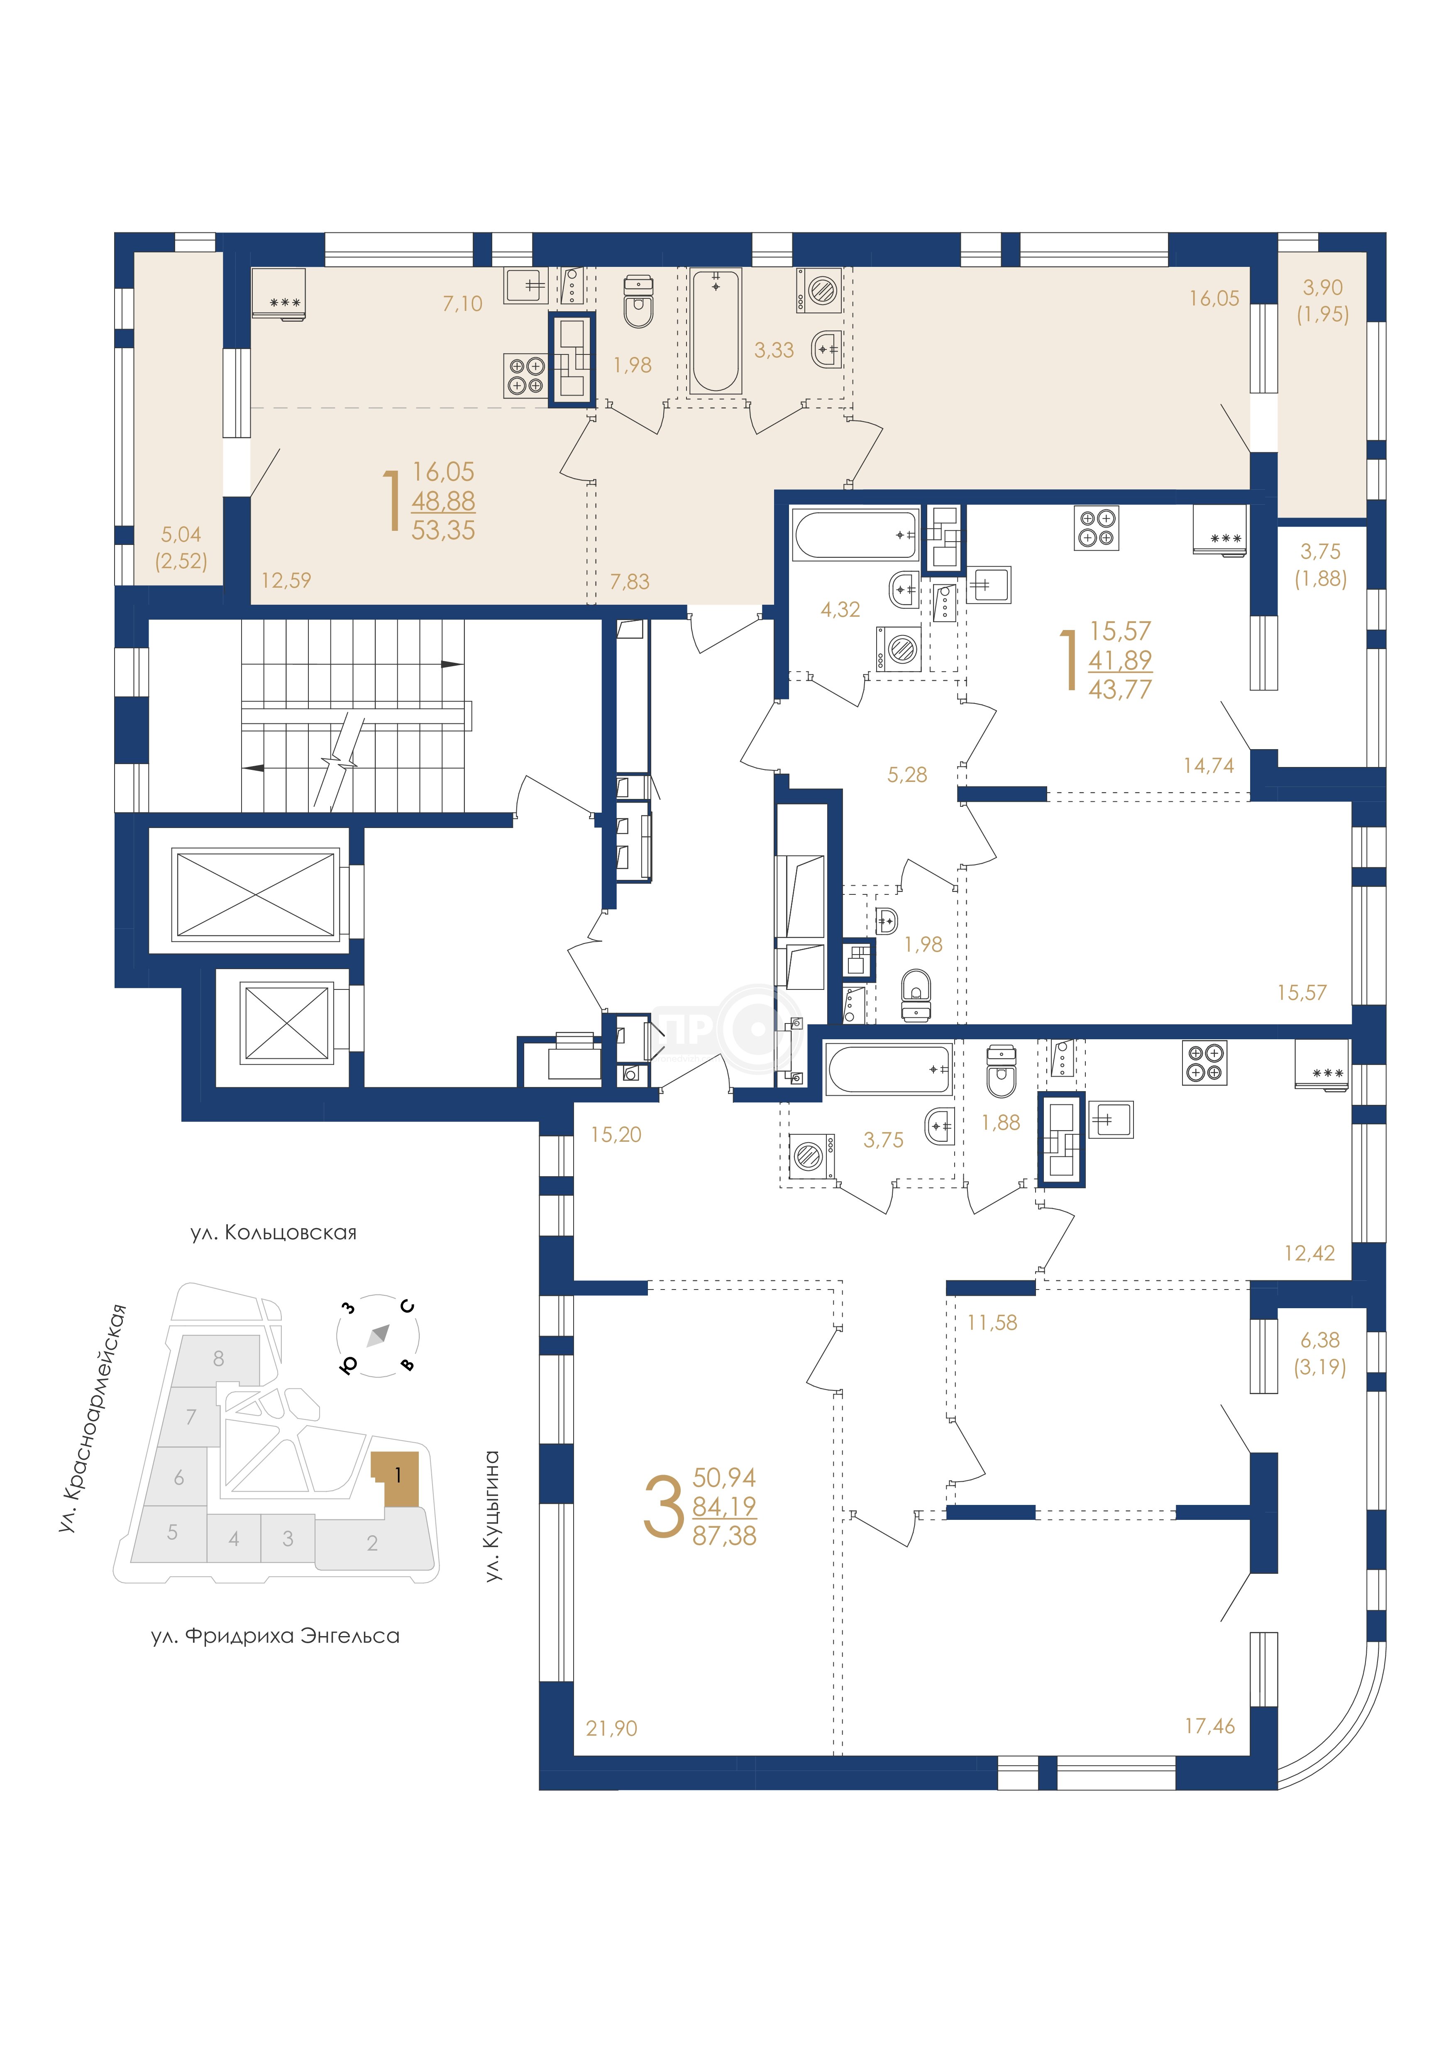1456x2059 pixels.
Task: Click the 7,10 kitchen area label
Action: click(x=463, y=304)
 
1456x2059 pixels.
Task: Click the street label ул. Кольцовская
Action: click(x=274, y=1233)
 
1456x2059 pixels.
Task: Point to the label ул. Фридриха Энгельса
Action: click(x=275, y=1636)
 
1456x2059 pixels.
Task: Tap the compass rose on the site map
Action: click(x=377, y=1334)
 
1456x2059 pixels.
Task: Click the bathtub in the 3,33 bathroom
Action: click(x=716, y=331)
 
